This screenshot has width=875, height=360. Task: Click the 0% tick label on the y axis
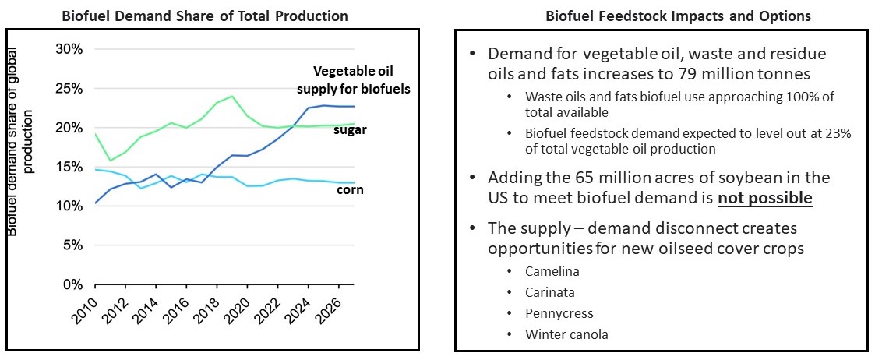[70, 285]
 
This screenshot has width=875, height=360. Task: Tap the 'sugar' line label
[350, 129]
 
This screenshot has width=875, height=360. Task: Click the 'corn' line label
[350, 189]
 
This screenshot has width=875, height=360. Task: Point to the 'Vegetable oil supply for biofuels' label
[361, 79]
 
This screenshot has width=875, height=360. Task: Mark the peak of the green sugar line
[232, 97]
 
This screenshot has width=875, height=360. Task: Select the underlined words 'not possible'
[765, 198]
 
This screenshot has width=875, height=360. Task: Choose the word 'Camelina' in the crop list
[552, 271]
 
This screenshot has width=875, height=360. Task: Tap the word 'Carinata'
[551, 292]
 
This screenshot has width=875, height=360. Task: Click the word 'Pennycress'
[559, 313]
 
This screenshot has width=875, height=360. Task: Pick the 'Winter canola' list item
[566, 334]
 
